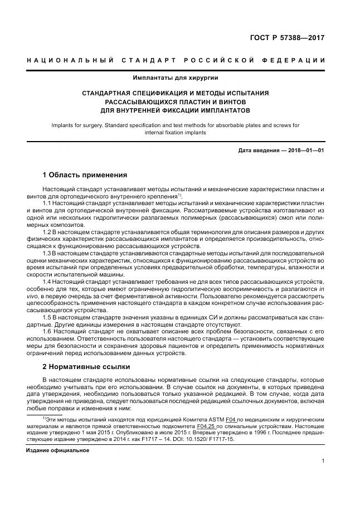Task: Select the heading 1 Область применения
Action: (x=85, y=174)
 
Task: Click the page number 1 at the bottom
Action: (x=323, y=460)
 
